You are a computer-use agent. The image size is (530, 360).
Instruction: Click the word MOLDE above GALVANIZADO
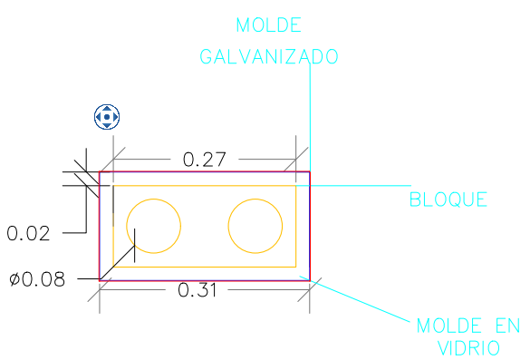click(x=269, y=25)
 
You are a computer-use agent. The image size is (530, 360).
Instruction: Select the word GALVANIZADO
click(x=269, y=56)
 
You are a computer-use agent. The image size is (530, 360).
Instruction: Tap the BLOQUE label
click(x=448, y=199)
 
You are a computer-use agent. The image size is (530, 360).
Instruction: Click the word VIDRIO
click(x=468, y=348)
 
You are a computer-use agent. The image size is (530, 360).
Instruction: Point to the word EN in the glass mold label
click(x=508, y=326)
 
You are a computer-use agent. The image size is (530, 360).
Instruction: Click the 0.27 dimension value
click(x=204, y=160)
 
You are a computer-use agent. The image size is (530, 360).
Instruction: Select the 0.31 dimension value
click(x=198, y=290)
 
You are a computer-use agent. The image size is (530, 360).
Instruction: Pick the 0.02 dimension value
click(x=28, y=233)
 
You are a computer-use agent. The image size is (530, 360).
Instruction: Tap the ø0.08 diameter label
click(x=37, y=279)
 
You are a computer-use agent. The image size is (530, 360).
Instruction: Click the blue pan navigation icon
click(x=107, y=117)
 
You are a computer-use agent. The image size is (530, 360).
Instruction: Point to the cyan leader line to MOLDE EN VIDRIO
click(x=355, y=299)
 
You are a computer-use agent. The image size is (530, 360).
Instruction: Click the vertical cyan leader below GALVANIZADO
click(x=310, y=117)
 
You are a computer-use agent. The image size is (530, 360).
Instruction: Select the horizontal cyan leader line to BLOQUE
click(x=353, y=185)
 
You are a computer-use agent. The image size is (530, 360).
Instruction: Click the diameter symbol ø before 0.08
click(x=14, y=279)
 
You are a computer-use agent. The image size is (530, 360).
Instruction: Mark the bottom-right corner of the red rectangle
click(x=310, y=280)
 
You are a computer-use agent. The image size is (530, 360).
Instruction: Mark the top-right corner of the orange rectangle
click(x=295, y=186)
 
